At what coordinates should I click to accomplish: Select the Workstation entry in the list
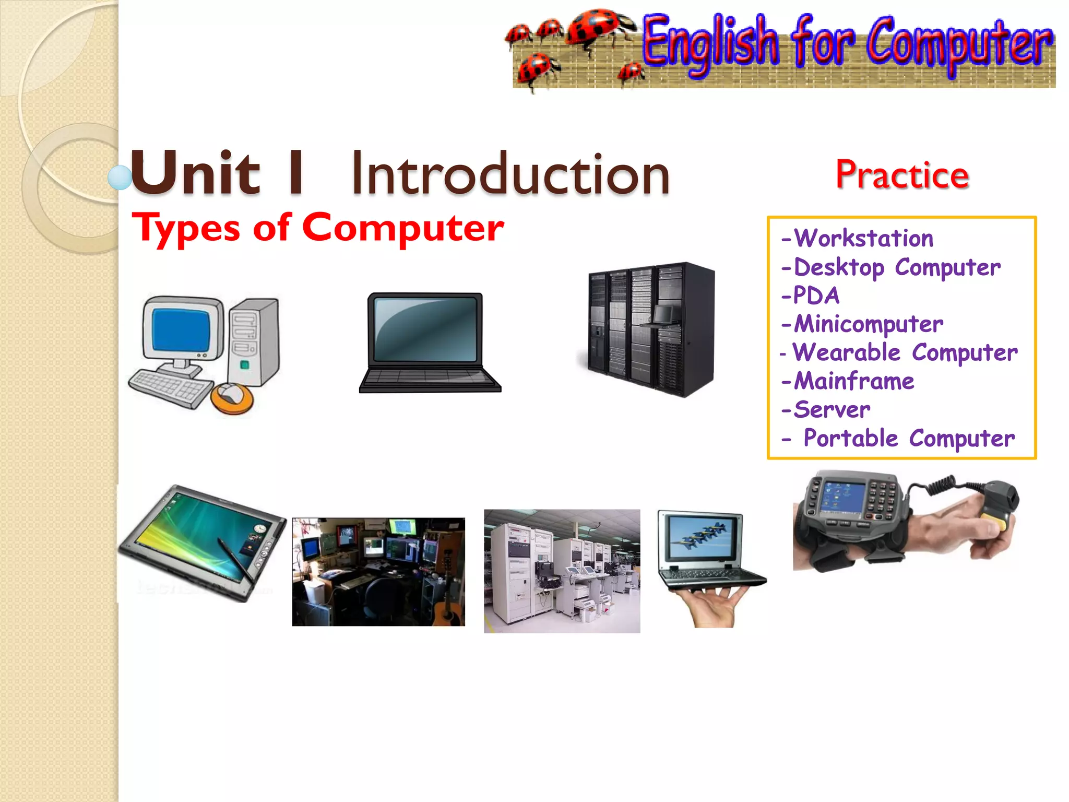pos(863,239)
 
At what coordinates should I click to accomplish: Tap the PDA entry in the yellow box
pos(816,296)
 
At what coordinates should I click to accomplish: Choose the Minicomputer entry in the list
pos(868,324)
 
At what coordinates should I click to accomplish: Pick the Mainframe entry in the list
pos(853,381)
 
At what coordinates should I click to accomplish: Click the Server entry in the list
pos(832,410)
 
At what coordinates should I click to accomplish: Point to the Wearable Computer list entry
pos(905,353)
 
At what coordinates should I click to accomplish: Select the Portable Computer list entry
pos(909,439)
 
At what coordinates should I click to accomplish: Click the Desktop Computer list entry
pos(897,267)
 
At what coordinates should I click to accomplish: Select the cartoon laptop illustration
pos(429,343)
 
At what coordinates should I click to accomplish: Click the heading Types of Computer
pos(317,228)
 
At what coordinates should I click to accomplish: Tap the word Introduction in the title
pos(510,174)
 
